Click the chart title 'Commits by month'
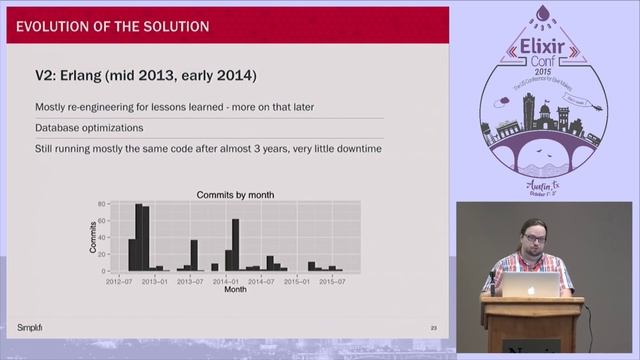point(235,194)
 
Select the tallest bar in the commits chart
point(139,237)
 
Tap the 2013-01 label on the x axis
point(156,282)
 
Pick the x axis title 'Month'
point(235,291)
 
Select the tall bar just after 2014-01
point(236,245)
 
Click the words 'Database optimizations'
point(88,128)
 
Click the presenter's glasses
point(529,240)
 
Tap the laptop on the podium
point(530,285)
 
